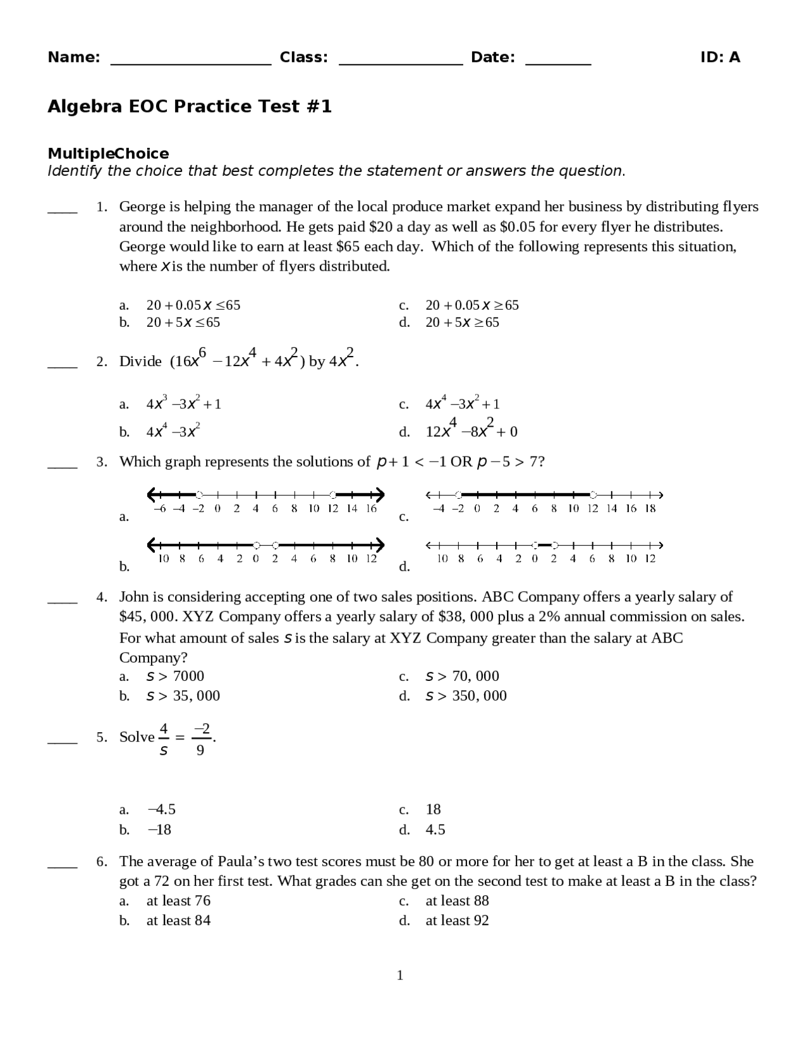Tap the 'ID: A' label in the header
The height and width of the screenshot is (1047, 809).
point(720,58)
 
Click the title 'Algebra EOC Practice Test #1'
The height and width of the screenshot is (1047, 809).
point(190,106)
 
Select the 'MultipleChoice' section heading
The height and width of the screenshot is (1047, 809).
point(108,154)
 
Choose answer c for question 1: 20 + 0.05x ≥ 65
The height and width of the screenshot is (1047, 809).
point(471,305)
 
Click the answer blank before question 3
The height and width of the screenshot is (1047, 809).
point(63,467)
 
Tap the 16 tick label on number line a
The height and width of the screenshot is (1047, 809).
point(371,508)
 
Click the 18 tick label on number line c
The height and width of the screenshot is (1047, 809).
point(650,508)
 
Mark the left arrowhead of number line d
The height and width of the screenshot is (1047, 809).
point(430,545)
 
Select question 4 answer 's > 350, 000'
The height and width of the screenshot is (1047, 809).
point(466,695)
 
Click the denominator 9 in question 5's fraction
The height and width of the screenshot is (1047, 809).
point(200,750)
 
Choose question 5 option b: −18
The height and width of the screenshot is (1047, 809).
point(159,829)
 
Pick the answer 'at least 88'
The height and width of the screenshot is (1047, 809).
point(457,900)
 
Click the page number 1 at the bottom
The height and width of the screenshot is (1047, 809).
point(399,976)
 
